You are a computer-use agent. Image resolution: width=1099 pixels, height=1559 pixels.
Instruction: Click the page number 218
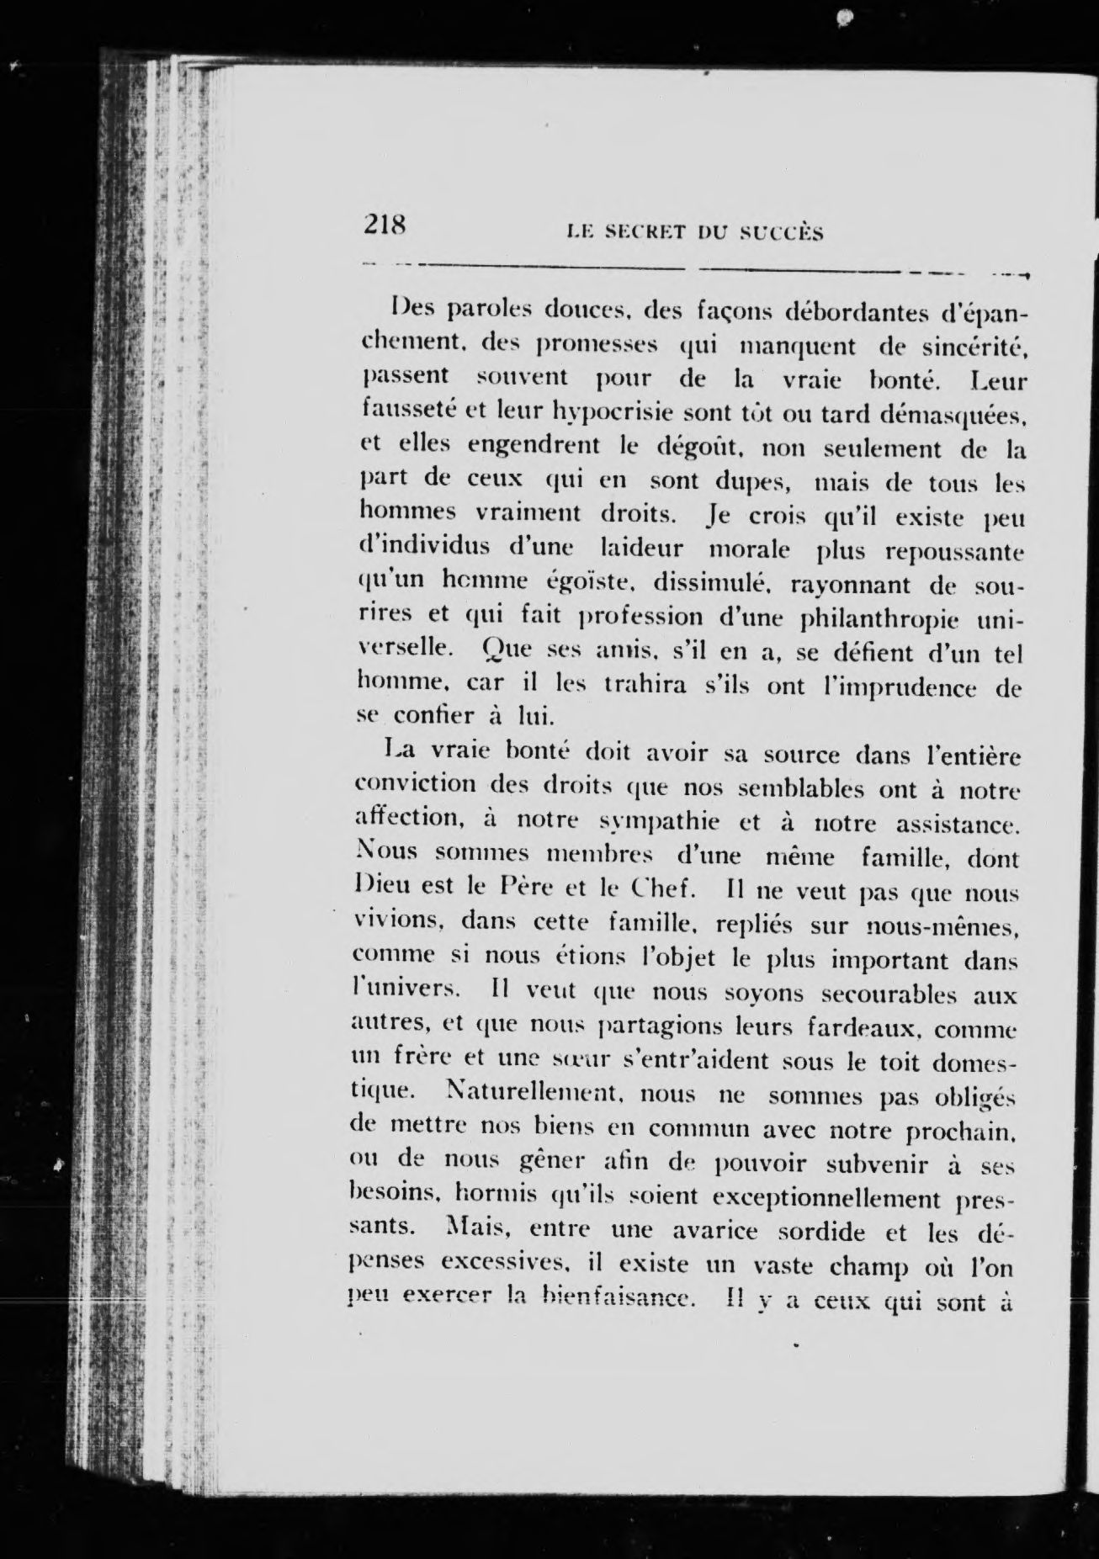[385, 225]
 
